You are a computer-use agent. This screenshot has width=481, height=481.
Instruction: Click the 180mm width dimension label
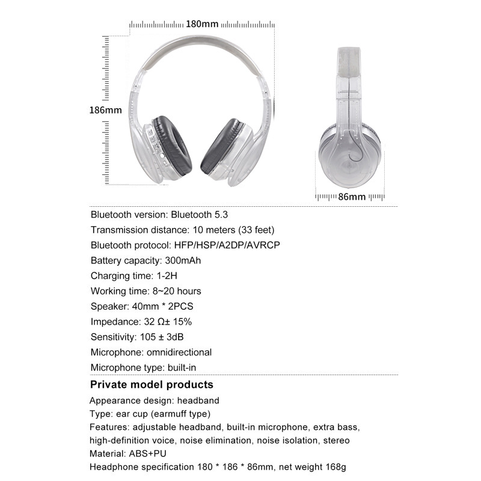[201, 25]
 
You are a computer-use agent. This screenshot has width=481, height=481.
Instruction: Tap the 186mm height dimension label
[105, 110]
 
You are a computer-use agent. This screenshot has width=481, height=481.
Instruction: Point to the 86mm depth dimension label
[352, 197]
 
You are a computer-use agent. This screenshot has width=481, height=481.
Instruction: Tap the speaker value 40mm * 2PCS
[164, 306]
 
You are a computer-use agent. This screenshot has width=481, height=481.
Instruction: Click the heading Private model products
[152, 385]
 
